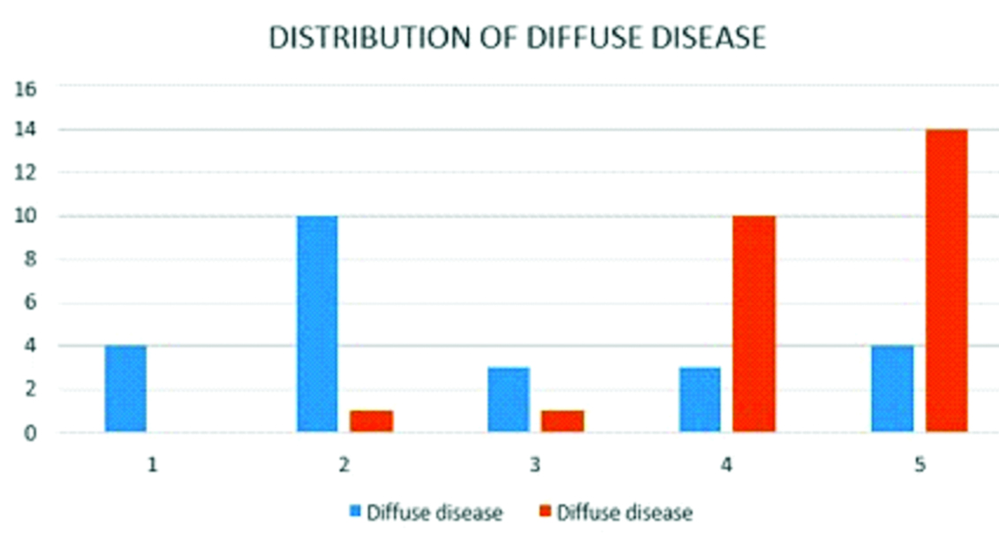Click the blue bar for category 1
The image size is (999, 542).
(x=125, y=389)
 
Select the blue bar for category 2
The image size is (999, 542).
(x=317, y=324)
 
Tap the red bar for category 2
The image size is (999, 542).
(x=371, y=421)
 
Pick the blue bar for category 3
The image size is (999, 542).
(x=509, y=400)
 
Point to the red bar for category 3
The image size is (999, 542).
(x=563, y=421)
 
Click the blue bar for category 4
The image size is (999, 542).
(x=700, y=400)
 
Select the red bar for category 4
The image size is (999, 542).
(x=753, y=324)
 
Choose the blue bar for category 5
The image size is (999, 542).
(x=892, y=389)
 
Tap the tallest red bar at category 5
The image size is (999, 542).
(x=946, y=281)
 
